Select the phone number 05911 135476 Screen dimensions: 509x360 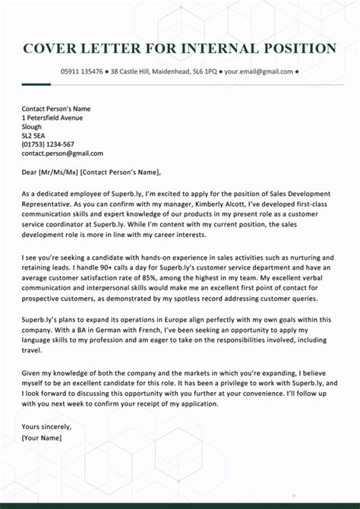coord(83,71)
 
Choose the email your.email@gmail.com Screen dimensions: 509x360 coord(258,71)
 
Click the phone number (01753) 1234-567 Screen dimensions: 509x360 coord(48,144)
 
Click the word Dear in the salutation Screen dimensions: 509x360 coord(30,171)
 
